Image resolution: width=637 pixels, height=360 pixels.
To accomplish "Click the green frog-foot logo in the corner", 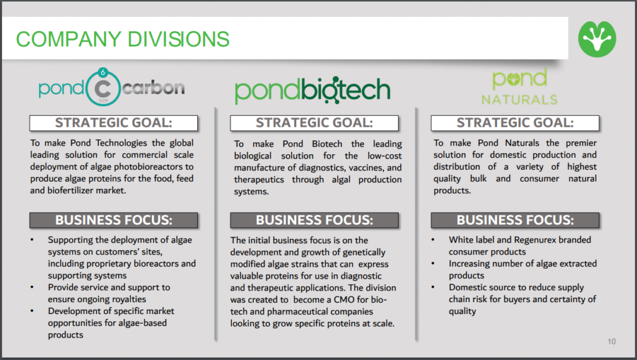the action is coord(597,39).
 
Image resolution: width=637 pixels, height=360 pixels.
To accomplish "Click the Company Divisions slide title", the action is coord(123,39).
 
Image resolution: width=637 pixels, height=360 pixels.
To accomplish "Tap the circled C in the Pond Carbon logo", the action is coord(103,88).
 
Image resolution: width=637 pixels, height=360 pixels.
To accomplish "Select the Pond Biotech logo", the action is coord(312,90).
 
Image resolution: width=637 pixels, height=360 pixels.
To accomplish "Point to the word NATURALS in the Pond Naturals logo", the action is coord(519,99).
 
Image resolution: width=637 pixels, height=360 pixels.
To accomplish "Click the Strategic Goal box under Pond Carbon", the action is coord(113,123).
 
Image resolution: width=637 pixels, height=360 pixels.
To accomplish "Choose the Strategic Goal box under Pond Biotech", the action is coord(314,123).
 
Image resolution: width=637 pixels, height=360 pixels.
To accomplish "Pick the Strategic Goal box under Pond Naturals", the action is coord(514,123).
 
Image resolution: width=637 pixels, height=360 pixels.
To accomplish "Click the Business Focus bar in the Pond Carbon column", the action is coord(113,220).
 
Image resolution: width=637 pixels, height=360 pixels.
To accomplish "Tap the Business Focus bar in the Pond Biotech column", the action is coord(314,220).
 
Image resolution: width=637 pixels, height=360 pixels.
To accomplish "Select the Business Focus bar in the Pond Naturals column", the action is coord(514,220).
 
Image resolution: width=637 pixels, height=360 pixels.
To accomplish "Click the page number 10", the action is coord(612,341).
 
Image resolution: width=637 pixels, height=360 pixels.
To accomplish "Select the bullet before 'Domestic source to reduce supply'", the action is coord(433,287).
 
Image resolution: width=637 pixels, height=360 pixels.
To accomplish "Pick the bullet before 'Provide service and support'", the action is coord(32,287).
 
